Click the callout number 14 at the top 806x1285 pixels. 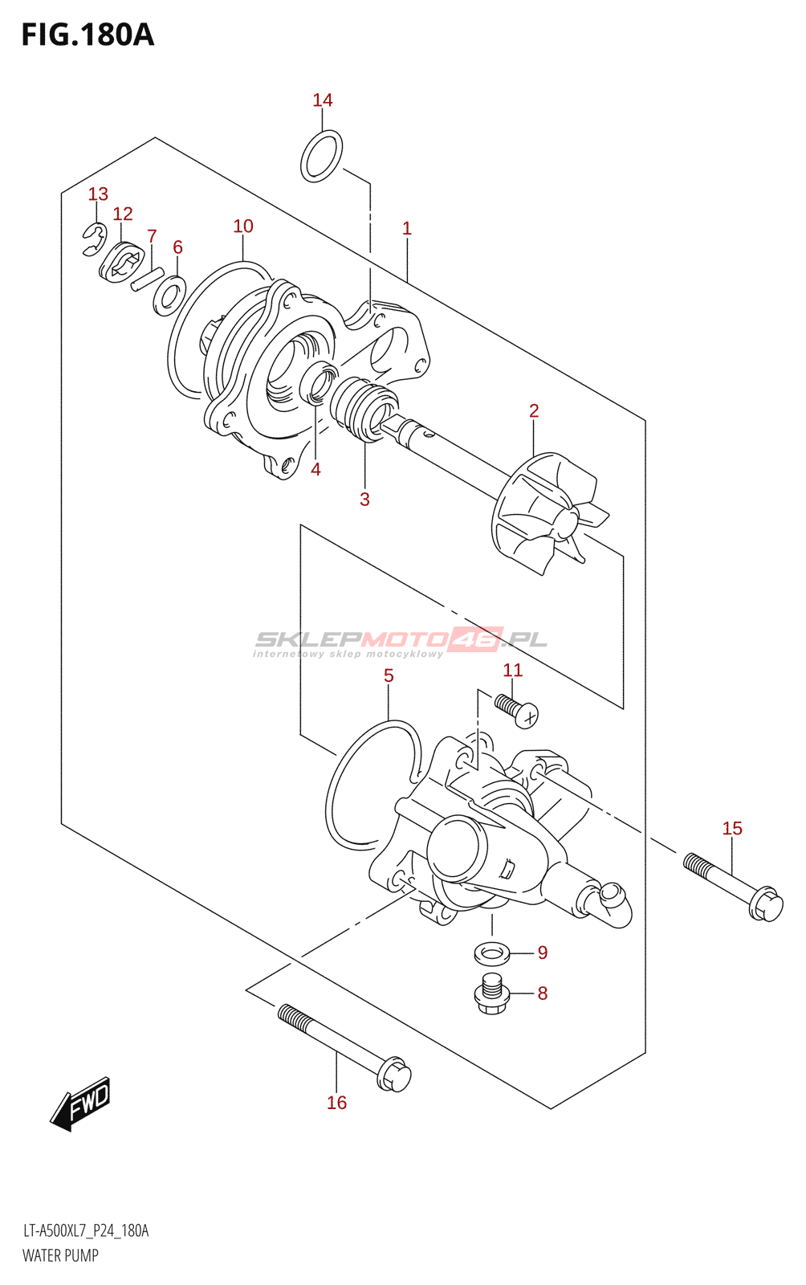click(322, 100)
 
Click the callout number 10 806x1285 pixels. click(243, 226)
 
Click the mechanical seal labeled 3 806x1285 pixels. click(362, 409)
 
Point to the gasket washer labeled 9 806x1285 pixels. click(492, 955)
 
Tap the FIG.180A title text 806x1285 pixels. click(88, 35)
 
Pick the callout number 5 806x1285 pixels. click(389, 675)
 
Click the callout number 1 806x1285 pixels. click(407, 228)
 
